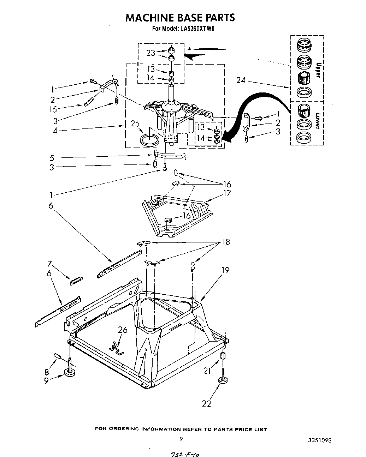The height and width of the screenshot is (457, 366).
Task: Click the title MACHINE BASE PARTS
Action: pos(180,17)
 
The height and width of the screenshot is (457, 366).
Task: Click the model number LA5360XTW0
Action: pos(194,29)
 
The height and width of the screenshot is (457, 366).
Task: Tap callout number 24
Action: pos(241,80)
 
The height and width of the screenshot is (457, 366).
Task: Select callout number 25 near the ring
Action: pos(135,124)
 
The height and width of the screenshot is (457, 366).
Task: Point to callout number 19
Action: pos(225,270)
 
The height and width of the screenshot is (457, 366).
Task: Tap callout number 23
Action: pos(151,53)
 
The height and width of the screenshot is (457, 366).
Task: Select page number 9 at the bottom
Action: pos(181,440)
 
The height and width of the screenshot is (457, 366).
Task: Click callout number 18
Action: pos(225,242)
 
